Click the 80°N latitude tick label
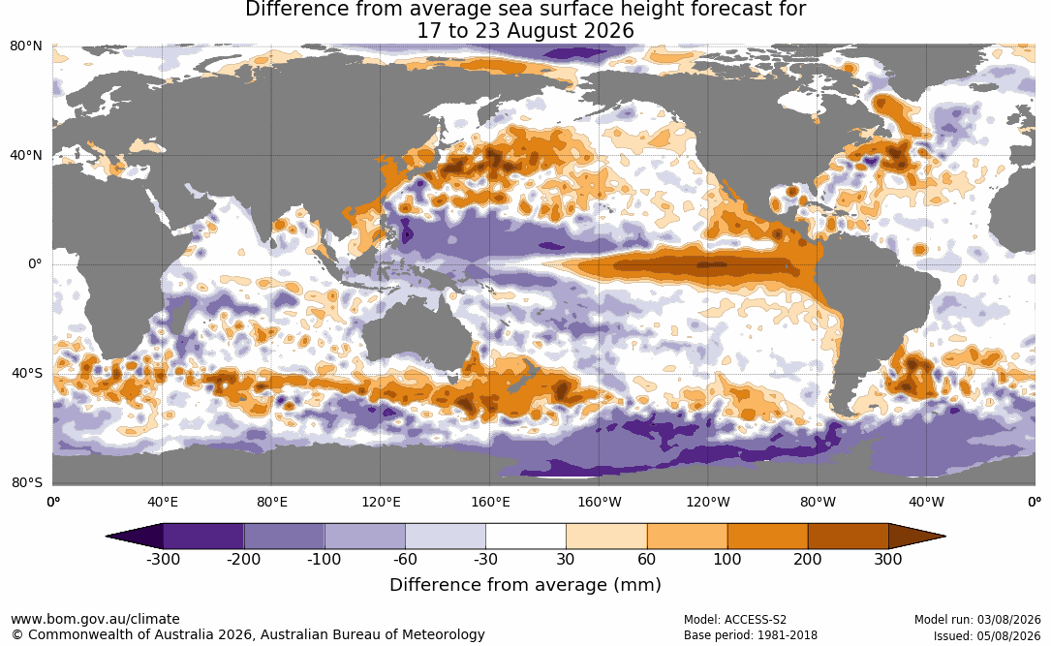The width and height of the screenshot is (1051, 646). tap(26, 46)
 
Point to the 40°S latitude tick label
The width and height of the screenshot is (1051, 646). tap(27, 373)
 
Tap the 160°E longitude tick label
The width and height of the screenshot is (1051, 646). tap(490, 503)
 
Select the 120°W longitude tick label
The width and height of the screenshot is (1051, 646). tap(708, 503)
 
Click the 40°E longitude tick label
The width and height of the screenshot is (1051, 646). tap(162, 503)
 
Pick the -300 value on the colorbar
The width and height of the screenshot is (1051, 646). tap(163, 560)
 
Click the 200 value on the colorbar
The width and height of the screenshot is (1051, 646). tap(808, 560)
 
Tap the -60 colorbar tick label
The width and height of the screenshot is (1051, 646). tap(405, 560)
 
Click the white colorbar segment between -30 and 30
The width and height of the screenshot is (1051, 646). tap(526, 537)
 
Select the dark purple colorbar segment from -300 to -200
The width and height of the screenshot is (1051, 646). tap(203, 537)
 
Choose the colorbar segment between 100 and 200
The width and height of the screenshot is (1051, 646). tap(767, 537)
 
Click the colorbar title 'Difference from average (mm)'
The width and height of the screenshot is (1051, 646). tap(525, 585)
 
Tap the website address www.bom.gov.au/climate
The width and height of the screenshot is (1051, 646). tap(95, 619)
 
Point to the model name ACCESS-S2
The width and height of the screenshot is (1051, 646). tap(756, 620)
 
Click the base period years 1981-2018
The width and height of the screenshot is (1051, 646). tap(787, 635)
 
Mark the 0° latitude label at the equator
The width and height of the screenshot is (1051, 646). tap(36, 264)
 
